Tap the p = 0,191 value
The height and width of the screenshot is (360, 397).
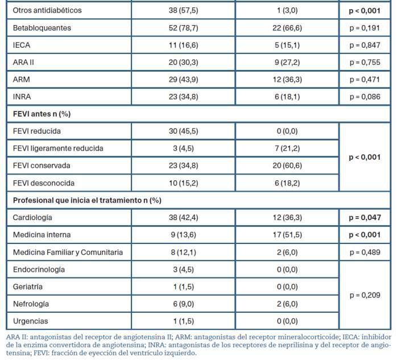365,27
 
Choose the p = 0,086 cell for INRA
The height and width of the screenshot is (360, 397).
365,97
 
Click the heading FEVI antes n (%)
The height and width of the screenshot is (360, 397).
42,114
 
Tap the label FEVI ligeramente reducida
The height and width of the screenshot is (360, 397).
58,148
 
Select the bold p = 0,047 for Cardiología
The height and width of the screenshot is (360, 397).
365,218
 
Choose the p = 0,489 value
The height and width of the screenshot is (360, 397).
365,253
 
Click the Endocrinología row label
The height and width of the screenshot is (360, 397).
39,270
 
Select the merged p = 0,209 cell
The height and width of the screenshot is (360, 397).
365,296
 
